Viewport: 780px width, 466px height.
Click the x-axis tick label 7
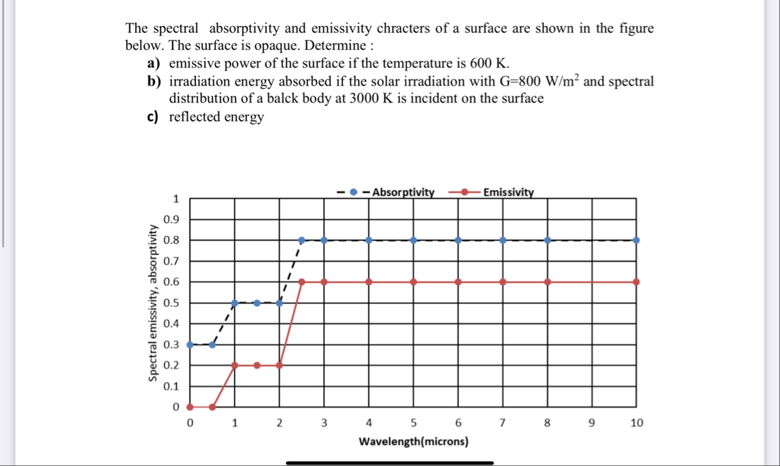(502, 424)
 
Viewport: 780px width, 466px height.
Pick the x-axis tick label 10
(636, 424)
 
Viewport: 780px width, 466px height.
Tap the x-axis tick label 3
(324, 424)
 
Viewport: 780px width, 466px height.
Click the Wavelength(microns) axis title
(414, 442)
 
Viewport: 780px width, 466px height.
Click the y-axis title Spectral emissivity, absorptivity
(153, 302)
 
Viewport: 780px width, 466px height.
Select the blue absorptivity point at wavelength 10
(636, 240)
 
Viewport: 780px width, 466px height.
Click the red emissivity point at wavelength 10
(636, 282)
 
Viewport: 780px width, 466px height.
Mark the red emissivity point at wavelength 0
(189, 407)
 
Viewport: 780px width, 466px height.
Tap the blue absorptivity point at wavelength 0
(189, 344)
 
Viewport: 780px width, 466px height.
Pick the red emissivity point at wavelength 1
(235, 365)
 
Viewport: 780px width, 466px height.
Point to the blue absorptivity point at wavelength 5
(413, 240)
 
